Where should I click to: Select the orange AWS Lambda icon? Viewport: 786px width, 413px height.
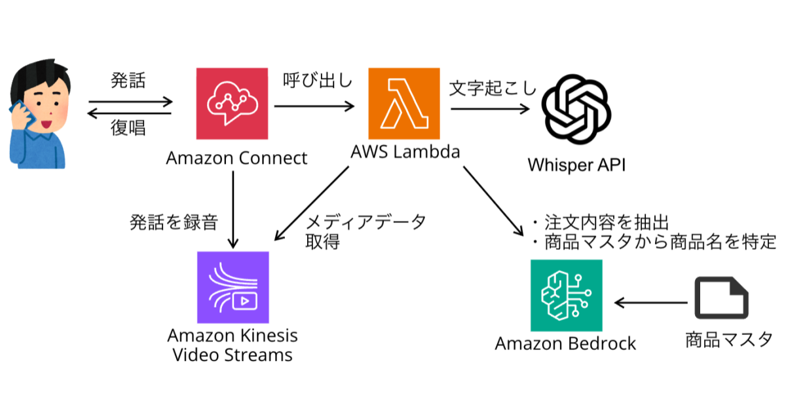click(x=404, y=104)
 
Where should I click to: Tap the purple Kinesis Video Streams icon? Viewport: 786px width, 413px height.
click(x=233, y=287)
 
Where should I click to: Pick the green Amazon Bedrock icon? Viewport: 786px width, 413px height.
click(x=566, y=295)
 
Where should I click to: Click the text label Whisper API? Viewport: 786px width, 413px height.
click(x=576, y=165)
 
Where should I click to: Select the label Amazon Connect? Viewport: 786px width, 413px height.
click(x=236, y=158)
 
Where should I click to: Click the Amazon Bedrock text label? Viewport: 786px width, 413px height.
click(x=565, y=343)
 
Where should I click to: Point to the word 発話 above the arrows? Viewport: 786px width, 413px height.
click(x=128, y=81)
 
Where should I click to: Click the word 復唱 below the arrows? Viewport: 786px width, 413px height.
click(x=128, y=128)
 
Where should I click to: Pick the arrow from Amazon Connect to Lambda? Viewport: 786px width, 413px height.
click(x=314, y=105)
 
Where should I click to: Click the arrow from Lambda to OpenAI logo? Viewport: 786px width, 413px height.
click(x=491, y=109)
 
